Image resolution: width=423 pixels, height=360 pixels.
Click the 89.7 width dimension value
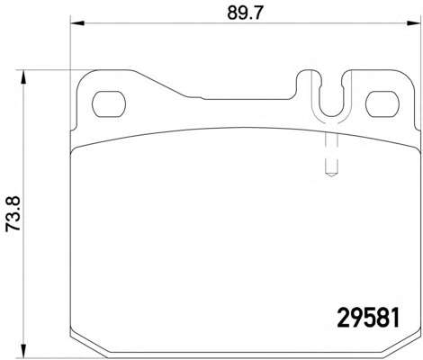(x=245, y=13)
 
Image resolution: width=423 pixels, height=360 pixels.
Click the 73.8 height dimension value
(x=13, y=213)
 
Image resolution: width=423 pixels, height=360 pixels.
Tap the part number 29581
(x=369, y=318)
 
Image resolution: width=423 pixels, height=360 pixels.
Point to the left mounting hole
(x=108, y=104)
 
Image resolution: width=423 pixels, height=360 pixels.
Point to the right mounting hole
(x=382, y=104)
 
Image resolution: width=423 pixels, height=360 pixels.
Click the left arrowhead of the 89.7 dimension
(x=77, y=23)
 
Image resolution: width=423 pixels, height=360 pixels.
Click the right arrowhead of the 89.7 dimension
(x=414, y=23)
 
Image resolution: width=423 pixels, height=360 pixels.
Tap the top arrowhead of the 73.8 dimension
(x=22, y=77)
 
